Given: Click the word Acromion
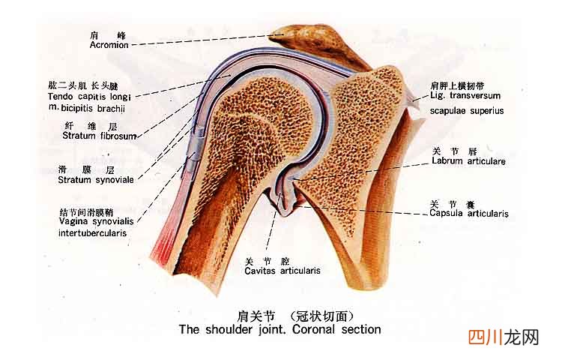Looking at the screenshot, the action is click(x=109, y=45).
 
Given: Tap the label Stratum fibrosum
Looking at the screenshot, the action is click(x=100, y=136).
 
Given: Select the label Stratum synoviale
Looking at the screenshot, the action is click(x=96, y=180).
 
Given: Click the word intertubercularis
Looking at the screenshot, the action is click(x=92, y=233).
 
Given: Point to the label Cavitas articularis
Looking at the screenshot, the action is click(x=282, y=271).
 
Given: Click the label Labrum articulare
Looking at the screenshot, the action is click(x=468, y=161).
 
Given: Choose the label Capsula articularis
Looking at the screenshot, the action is click(x=469, y=213).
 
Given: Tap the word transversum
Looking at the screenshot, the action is click(x=475, y=96).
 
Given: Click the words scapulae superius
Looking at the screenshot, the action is click(x=467, y=111).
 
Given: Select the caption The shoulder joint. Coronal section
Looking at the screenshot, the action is click(x=280, y=329).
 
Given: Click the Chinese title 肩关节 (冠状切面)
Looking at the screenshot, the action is click(x=296, y=316).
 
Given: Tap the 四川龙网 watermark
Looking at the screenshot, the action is click(x=504, y=337).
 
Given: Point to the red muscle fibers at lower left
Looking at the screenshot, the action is click(x=162, y=247).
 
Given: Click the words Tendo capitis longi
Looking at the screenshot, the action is click(x=89, y=97).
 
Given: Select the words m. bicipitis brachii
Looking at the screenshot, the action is click(x=86, y=108).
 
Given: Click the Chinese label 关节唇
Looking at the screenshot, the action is click(x=455, y=151).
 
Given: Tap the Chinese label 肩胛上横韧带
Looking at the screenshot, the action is click(x=457, y=85).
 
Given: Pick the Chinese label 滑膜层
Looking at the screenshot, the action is click(x=86, y=169).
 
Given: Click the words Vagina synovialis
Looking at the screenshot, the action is click(x=96, y=221).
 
